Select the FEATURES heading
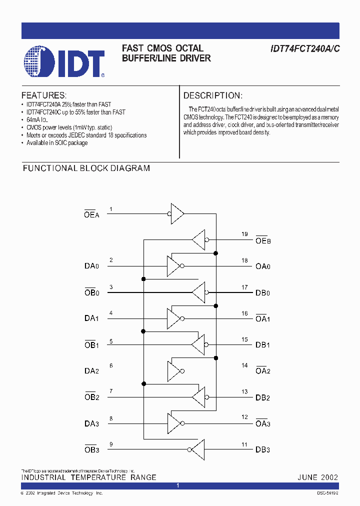tap(43, 95)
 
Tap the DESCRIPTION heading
tap(212, 95)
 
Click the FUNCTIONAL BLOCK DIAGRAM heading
tap(86, 168)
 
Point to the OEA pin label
tap(92, 213)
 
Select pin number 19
tap(244, 234)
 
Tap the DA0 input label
tap(91, 266)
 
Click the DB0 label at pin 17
tap(262, 292)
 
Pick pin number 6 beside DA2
tap(111, 365)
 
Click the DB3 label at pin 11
tap(262, 449)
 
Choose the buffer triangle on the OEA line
tap(177, 213)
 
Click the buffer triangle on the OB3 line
tap(197, 449)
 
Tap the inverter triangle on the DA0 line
tap(173, 266)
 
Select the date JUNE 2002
tap(317, 477)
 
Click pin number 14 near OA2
tap(244, 365)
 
